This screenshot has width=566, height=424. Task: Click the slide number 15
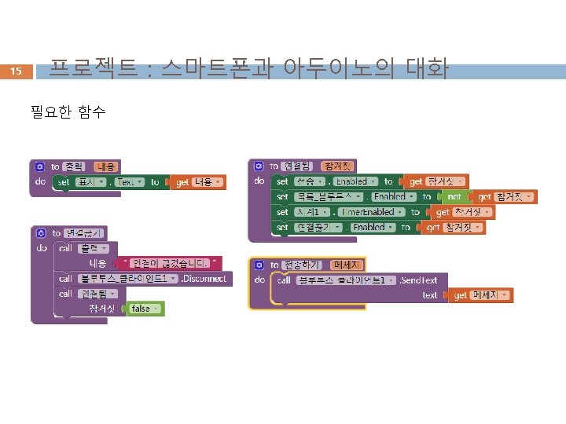[x=17, y=72]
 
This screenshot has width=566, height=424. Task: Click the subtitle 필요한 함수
[x=68, y=112]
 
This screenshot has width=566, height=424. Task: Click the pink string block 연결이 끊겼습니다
[x=173, y=262]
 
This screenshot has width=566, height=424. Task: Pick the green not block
[x=453, y=196]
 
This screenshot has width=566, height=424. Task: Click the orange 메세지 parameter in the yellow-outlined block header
[x=346, y=265]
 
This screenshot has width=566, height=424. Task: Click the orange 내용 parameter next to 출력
[x=106, y=166]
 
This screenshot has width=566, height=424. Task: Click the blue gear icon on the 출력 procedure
[x=40, y=166]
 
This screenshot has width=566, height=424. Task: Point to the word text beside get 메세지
[x=429, y=295]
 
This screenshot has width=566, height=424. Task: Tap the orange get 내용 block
[x=199, y=181]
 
